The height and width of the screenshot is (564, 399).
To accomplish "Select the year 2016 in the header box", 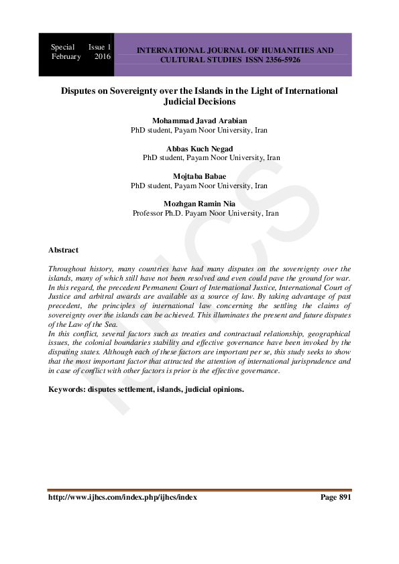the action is click(x=102, y=57).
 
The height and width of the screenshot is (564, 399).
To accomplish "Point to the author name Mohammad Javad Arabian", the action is click(x=199, y=121).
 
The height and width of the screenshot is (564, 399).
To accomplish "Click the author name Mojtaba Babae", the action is click(x=199, y=176).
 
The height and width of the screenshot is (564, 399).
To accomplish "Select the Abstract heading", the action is click(x=63, y=250).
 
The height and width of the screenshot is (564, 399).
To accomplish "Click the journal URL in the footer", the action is click(x=123, y=498).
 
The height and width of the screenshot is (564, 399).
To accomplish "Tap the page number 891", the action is click(x=343, y=498).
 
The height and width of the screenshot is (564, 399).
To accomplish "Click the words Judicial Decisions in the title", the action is click(x=199, y=102).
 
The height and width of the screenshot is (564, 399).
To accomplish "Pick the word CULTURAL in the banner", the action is click(x=183, y=60).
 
